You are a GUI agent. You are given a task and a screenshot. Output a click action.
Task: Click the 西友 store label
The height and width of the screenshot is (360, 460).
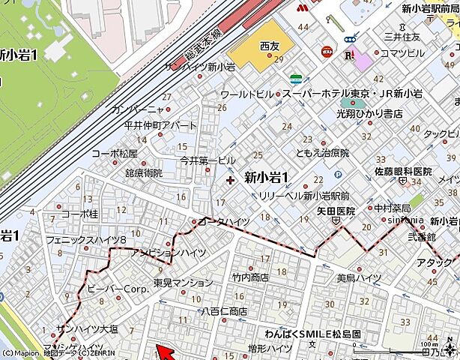click(269, 46)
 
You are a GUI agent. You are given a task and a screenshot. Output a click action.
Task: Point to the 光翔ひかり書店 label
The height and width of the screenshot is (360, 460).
click(374, 113)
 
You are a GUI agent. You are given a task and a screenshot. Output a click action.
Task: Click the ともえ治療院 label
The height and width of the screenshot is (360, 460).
click(322, 153)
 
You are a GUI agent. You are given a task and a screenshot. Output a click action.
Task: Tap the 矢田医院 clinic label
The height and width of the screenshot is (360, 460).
click(334, 211)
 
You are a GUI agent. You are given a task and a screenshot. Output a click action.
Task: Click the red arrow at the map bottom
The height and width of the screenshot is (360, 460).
click(164, 351)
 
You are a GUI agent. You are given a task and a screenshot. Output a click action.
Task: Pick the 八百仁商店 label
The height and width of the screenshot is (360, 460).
click(224, 311)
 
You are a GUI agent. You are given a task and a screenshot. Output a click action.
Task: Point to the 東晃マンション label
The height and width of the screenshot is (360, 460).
click(184, 283)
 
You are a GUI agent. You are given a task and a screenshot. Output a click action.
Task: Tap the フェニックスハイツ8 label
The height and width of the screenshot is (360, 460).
click(86, 241)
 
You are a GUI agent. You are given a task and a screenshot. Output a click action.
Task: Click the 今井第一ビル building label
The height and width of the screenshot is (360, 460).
click(208, 160)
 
